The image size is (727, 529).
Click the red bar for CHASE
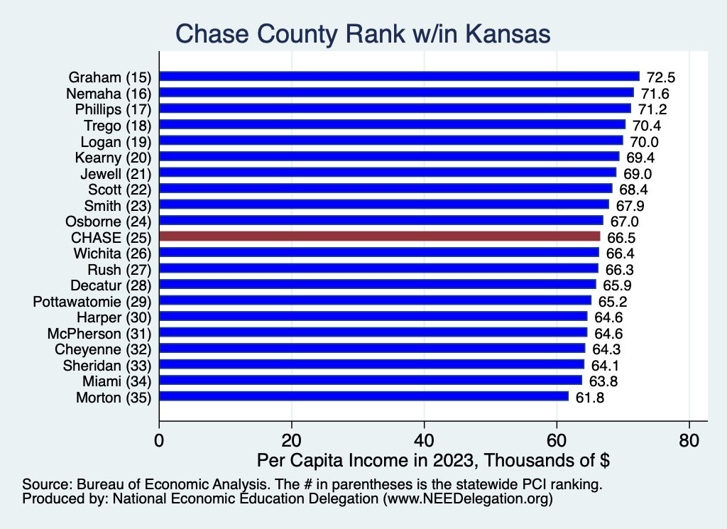380,236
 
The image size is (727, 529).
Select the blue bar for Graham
399,76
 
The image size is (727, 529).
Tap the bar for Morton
363,397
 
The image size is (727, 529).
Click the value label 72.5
660,77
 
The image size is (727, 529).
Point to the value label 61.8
589,397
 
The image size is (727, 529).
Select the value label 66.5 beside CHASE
620,236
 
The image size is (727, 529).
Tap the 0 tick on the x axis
159,440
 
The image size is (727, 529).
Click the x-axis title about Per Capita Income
434,460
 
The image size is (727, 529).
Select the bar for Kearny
389,156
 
